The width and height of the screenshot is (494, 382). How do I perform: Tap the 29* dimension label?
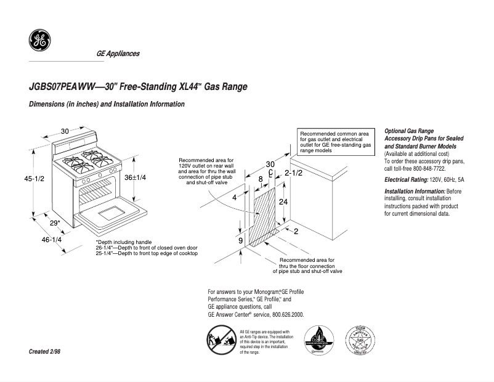coord(55,223)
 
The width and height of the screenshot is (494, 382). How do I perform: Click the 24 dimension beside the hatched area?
coord(283,202)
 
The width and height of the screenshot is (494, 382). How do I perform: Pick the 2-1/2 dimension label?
coord(293,174)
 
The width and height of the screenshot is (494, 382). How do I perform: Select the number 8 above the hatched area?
coord(261,179)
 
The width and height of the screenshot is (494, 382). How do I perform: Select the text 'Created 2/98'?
coord(45,351)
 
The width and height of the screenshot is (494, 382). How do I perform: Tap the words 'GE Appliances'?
coord(118,54)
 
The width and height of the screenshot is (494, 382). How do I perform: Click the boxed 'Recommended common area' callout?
coord(336,142)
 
